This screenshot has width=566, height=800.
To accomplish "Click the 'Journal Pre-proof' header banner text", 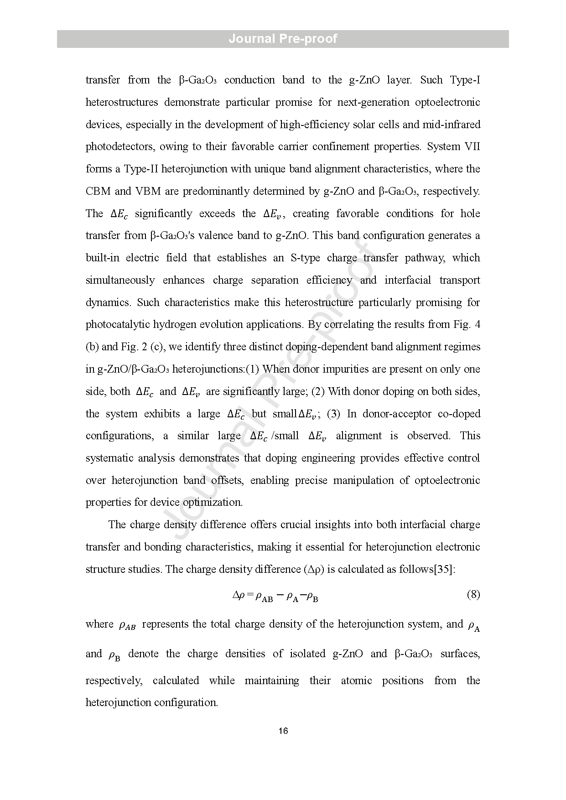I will [283, 39].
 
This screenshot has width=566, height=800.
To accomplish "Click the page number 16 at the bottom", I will [283, 731].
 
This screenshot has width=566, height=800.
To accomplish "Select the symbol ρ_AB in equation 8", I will [264, 596].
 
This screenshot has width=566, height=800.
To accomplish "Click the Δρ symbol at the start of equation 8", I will [239, 595].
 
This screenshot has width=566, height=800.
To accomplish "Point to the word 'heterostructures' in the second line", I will [122, 103].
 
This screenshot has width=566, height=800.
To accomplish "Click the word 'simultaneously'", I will [120, 281].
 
